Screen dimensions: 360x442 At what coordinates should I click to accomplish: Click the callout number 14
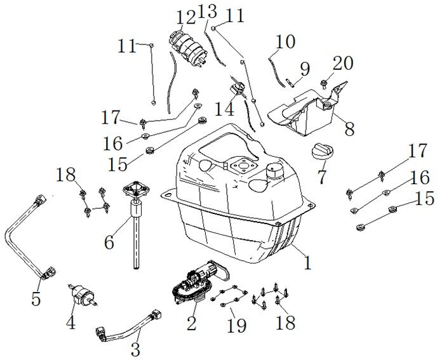(224, 109)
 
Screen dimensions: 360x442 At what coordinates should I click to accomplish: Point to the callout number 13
(207, 11)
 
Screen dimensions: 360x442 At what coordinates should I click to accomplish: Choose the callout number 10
(286, 42)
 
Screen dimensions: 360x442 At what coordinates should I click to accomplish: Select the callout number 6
(109, 242)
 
